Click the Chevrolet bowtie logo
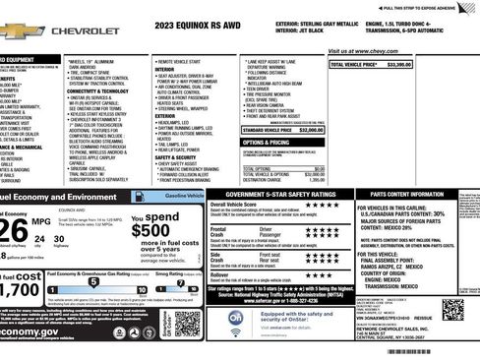pos(22,30)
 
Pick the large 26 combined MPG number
pos(14,230)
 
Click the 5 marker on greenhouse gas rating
pos(94,281)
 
